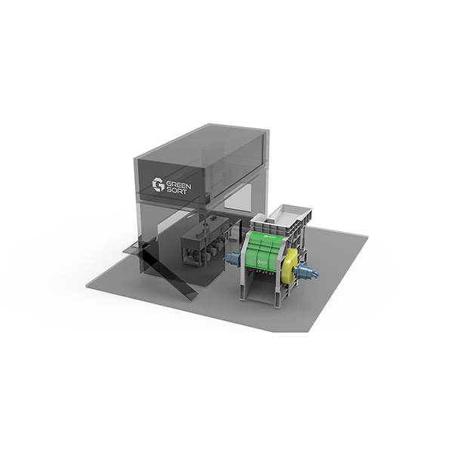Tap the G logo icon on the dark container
158,185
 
